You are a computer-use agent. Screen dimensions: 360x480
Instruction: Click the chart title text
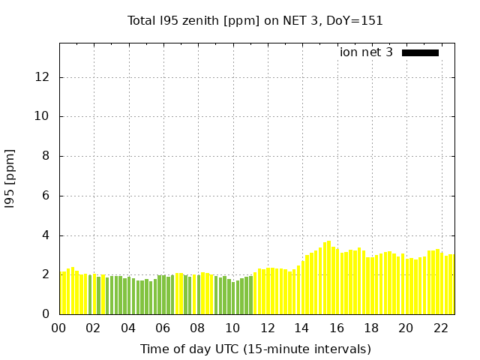pyautogui.click(x=255, y=20)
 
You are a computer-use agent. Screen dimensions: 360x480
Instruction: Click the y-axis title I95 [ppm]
pyautogui.click(x=10, y=178)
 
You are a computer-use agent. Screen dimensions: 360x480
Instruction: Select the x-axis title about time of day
pyautogui.click(x=255, y=349)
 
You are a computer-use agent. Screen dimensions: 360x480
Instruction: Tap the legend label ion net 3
pyautogui.click(x=366, y=52)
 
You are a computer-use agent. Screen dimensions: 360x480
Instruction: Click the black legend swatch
pyautogui.click(x=420, y=52)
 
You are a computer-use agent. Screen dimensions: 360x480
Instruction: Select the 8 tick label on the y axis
pyautogui.click(x=47, y=156)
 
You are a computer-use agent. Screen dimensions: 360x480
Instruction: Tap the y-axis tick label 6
pyautogui.click(x=47, y=196)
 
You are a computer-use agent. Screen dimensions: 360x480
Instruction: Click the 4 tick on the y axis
pyautogui.click(x=47, y=235)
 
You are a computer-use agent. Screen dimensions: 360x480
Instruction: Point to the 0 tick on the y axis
pyautogui.click(x=47, y=314)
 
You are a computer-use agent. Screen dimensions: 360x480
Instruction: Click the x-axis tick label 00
pyautogui.click(x=59, y=328)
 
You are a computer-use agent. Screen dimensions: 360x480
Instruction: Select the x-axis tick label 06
pyautogui.click(x=163, y=328)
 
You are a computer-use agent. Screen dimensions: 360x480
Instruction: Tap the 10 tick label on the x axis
pyautogui.click(x=232, y=328)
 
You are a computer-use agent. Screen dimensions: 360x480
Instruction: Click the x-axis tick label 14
pyautogui.click(x=302, y=328)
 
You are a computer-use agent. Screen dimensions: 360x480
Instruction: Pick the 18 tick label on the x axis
pyautogui.click(x=371, y=328)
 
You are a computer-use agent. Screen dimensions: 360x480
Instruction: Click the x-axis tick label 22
pyautogui.click(x=441, y=328)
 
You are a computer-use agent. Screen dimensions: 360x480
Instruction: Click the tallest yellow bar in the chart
pyautogui.click(x=328, y=277)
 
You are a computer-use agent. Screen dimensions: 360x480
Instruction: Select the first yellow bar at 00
pyautogui.click(x=63, y=293)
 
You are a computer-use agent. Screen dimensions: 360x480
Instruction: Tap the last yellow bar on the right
pyautogui.click(x=451, y=285)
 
